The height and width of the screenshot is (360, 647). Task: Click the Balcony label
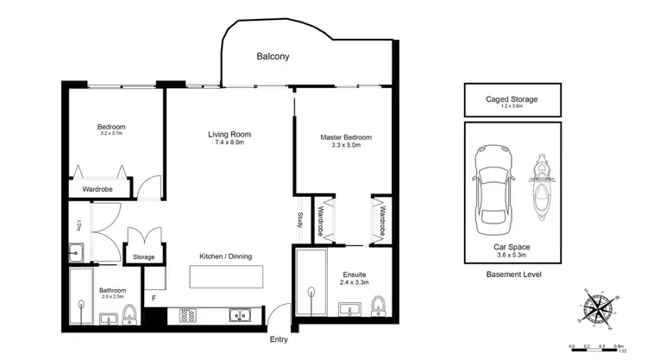(x=273, y=57)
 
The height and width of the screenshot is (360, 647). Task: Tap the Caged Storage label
(x=512, y=99)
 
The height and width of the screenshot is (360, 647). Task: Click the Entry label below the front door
(x=279, y=340)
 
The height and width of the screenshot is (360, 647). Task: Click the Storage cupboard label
(x=142, y=257)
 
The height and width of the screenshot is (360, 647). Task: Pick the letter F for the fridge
(x=154, y=299)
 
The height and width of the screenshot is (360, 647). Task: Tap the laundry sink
(x=77, y=252)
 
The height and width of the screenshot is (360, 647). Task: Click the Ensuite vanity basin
(x=348, y=310)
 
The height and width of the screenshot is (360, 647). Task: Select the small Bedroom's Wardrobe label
(x=97, y=188)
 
